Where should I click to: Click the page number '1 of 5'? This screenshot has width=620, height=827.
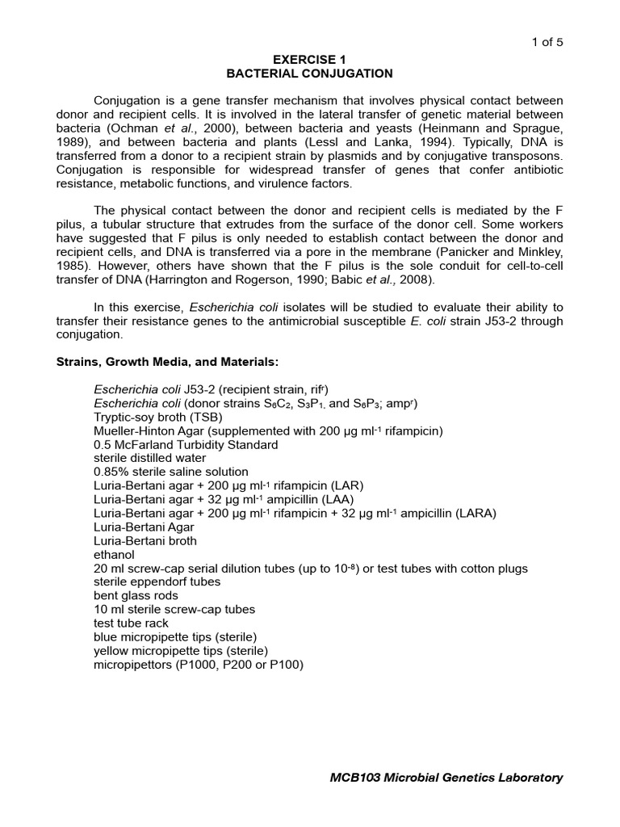546,43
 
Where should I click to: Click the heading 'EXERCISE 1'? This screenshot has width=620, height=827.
309,60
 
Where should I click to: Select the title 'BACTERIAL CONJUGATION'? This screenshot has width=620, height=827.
309,73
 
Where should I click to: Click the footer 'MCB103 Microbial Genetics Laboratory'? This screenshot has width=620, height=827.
446,778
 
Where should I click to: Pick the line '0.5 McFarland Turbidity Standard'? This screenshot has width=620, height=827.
186,444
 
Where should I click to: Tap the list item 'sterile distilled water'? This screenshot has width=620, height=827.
150,458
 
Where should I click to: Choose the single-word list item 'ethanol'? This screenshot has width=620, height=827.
115,555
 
